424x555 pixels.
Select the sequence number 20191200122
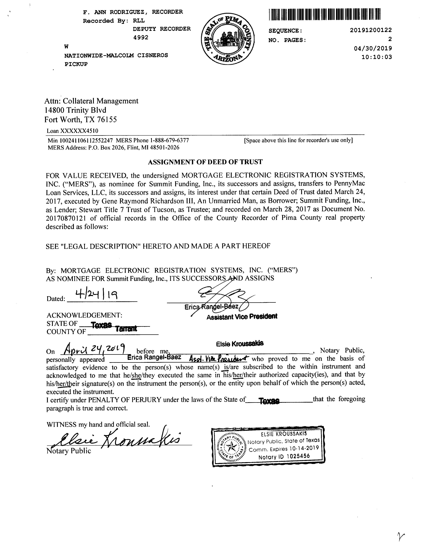[x=371, y=30]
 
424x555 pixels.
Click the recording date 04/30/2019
[x=373, y=48]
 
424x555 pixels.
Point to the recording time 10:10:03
[x=376, y=57]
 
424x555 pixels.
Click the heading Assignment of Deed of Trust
[x=205, y=162]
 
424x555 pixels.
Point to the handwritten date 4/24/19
[x=97, y=294]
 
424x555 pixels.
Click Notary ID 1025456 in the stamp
[x=284, y=456]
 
